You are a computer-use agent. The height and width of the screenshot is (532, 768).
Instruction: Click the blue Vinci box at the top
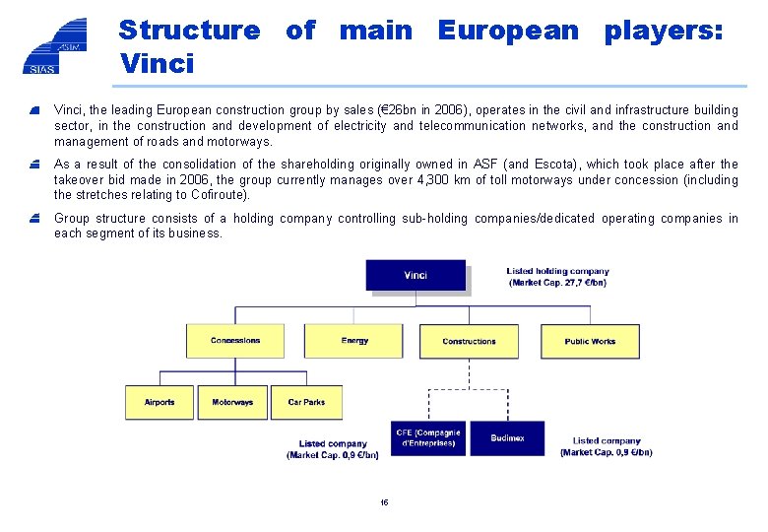click(415, 275)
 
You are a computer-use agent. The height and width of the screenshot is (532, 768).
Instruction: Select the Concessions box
click(235, 341)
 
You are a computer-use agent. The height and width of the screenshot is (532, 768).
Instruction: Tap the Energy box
click(354, 341)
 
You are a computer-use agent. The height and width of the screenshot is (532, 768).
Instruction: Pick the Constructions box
click(469, 341)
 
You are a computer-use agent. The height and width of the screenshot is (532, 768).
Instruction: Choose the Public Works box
click(590, 341)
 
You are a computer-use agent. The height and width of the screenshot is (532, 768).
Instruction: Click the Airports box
click(159, 402)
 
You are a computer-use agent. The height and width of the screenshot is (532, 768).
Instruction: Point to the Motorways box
click(232, 402)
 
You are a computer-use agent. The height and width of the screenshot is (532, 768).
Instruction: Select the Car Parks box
click(306, 402)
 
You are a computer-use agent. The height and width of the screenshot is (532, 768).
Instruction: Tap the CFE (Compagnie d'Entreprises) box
click(428, 437)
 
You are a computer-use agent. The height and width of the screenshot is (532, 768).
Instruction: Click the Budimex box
click(507, 437)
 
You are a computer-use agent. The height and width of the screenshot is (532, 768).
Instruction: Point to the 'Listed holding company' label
click(557, 271)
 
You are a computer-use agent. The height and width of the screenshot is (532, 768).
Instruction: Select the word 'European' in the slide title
click(508, 31)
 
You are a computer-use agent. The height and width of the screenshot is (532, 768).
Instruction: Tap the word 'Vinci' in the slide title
click(157, 65)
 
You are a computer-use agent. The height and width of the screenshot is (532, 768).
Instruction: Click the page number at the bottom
click(384, 502)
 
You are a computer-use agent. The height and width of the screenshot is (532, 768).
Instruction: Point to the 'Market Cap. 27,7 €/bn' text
click(557, 283)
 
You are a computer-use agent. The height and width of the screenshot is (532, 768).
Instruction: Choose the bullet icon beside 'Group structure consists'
click(35, 219)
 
